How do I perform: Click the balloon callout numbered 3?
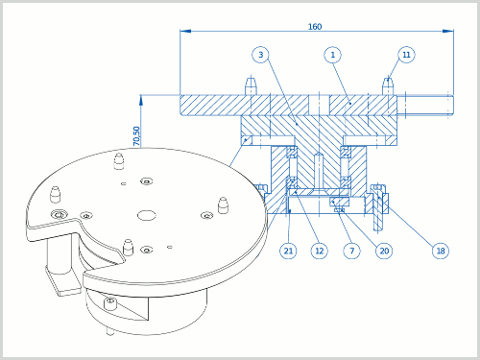pyautogui.click(x=260, y=55)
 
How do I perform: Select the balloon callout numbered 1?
pyautogui.click(x=332, y=55)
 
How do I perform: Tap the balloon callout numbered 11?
pyautogui.click(x=406, y=55)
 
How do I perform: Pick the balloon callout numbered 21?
pyautogui.click(x=288, y=251)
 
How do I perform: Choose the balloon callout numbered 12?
pyautogui.click(x=320, y=251)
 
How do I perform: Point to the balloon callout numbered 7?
pyautogui.click(x=351, y=251)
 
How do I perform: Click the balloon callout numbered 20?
pyautogui.click(x=384, y=251)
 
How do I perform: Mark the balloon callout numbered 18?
pyautogui.click(x=441, y=251)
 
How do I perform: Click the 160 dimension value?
pyautogui.click(x=315, y=27)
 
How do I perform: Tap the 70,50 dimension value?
pyautogui.click(x=136, y=136)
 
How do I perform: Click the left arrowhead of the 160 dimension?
pyautogui.click(x=185, y=31)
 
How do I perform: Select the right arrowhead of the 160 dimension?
pyautogui.click(x=448, y=31)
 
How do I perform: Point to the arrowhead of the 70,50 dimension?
pyautogui.click(x=140, y=100)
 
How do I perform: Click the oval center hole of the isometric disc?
pyautogui.click(x=147, y=215)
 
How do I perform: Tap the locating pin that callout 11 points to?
pyautogui.click(x=388, y=85)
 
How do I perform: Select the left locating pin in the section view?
pyautogui.click(x=251, y=85)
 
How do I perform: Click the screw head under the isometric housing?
pyautogui.click(x=110, y=302)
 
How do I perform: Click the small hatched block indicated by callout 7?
pyautogui.click(x=340, y=202)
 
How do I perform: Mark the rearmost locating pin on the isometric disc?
pyautogui.click(x=119, y=160)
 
